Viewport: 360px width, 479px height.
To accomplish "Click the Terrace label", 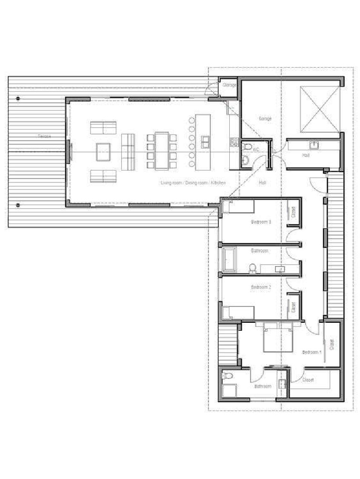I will [x=45, y=136].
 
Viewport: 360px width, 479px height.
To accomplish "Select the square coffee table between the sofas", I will [x=103, y=151].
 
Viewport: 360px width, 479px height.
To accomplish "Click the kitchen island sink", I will [x=205, y=142].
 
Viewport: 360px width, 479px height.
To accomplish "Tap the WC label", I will [x=256, y=150].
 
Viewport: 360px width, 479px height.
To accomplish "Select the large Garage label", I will [x=265, y=119].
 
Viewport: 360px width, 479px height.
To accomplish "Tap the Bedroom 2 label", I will [x=261, y=287].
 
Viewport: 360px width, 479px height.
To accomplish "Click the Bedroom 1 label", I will [x=312, y=352].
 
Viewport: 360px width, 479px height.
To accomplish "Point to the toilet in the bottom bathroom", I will [x=228, y=377].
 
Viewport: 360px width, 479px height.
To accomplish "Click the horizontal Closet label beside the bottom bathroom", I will [x=307, y=380].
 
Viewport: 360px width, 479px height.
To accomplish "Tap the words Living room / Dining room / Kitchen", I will [x=193, y=183].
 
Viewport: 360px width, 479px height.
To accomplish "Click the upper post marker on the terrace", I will [x=18, y=99].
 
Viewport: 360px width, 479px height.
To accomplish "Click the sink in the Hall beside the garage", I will [x=315, y=145].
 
